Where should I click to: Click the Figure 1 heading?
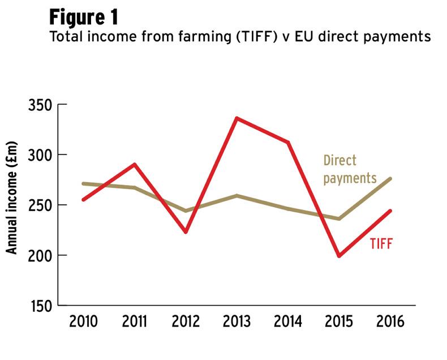coord(84,16)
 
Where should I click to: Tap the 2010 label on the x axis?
coord(83,322)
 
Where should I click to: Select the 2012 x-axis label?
coord(186,322)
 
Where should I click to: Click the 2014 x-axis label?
coord(289,322)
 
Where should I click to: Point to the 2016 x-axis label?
coord(391,322)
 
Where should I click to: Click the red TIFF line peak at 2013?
coord(237,118)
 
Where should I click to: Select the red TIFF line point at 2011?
coord(134,165)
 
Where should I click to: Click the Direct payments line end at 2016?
coord(390,179)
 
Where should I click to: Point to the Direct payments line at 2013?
coord(237,196)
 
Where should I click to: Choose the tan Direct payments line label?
coord(349,169)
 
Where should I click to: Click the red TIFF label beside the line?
coord(381,244)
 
